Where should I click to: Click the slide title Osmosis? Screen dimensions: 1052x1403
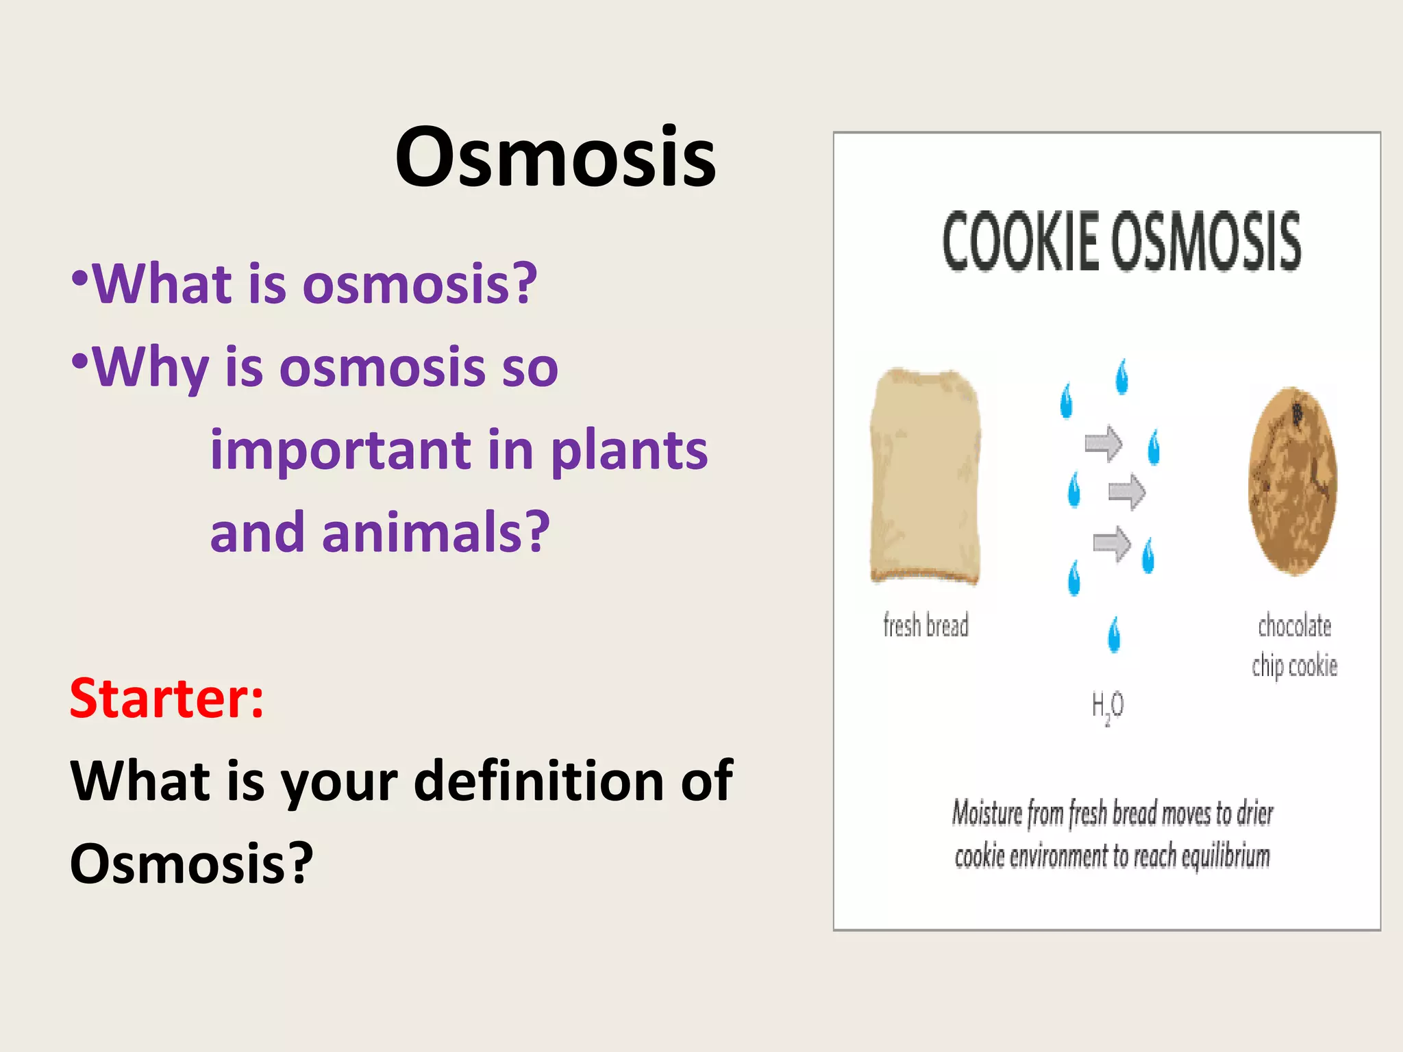[555, 158]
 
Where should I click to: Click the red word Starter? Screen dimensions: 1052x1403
[166, 699]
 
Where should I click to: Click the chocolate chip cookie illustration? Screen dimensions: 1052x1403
[1293, 480]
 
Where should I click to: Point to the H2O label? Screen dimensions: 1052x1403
[1108, 706]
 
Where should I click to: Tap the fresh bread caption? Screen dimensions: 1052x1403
[926, 625]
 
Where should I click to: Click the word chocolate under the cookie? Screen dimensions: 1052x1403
[1294, 626]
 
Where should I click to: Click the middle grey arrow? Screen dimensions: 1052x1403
[1126, 492]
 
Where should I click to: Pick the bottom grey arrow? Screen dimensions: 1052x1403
[1111, 544]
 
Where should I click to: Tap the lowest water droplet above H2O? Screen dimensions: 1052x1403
[1115, 634]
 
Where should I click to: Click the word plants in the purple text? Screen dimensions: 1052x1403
[629, 452]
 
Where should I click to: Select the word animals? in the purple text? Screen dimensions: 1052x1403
[436, 533]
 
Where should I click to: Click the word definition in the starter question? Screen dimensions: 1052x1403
[538, 781]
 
